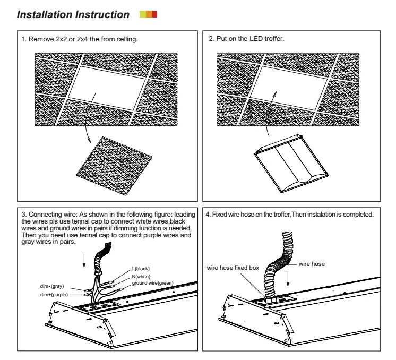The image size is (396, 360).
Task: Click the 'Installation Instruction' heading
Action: point(73,15)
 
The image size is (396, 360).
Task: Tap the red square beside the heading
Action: point(154,13)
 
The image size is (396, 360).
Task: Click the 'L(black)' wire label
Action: point(142,268)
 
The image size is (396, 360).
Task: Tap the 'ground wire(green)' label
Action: point(153,284)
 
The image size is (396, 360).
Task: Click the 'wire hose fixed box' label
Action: point(233,268)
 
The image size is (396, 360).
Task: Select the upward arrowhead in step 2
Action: point(275,93)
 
